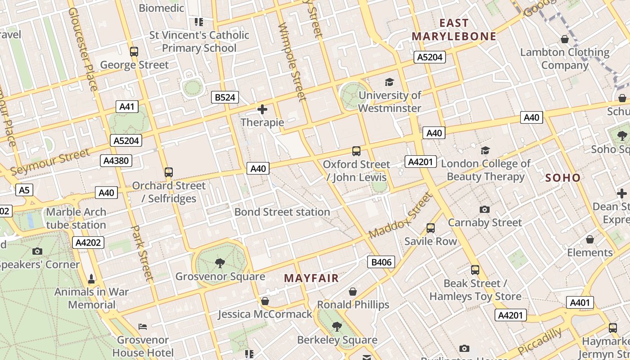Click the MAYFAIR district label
tap(311, 279)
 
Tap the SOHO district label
tap(563, 178)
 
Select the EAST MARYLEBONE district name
tap(454, 30)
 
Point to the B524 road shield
tap(225, 97)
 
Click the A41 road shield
tap(127, 107)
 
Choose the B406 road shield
tap(381, 262)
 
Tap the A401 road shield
tap(580, 303)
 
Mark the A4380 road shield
tap(116, 161)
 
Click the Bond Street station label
tap(282, 212)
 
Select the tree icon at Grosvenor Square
tap(220, 263)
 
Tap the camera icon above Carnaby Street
tap(485, 209)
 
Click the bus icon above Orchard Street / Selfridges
tap(169, 172)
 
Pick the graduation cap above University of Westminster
tap(389, 82)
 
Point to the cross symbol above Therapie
tap(262, 109)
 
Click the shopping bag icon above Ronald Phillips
tap(353, 292)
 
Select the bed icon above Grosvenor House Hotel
tap(143, 326)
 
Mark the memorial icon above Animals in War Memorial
tap(92, 279)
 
